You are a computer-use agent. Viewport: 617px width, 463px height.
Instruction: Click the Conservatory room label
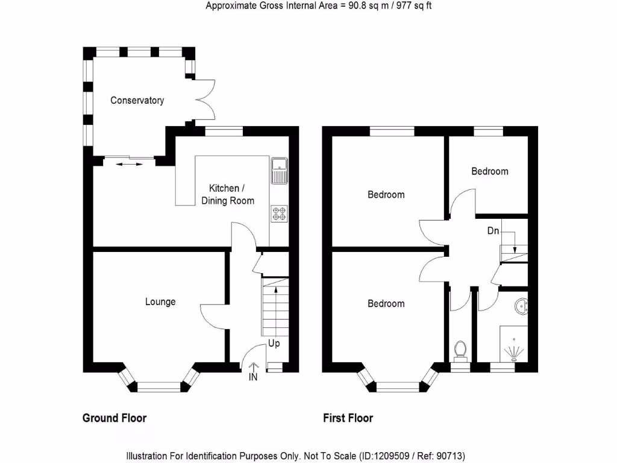point(137,101)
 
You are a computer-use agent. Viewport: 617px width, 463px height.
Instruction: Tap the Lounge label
point(160,301)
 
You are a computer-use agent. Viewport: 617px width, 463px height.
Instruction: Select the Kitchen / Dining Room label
point(228,194)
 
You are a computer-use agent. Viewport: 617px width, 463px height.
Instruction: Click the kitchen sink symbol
point(280,170)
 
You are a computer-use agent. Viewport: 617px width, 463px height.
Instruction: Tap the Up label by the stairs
point(274,344)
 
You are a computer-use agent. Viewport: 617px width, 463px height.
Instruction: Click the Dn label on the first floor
point(493,231)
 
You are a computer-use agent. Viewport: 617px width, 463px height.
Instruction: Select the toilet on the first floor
point(460,350)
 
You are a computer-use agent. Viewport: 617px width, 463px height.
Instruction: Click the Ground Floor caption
point(114,418)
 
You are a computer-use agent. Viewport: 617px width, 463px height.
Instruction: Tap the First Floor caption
point(348,418)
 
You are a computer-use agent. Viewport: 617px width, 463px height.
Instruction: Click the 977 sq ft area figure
point(412,6)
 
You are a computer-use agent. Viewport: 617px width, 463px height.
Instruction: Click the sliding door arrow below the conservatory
point(127,163)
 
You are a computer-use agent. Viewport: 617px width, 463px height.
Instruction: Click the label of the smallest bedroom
point(489,171)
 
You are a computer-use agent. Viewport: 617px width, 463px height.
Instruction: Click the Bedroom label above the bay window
point(386,304)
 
